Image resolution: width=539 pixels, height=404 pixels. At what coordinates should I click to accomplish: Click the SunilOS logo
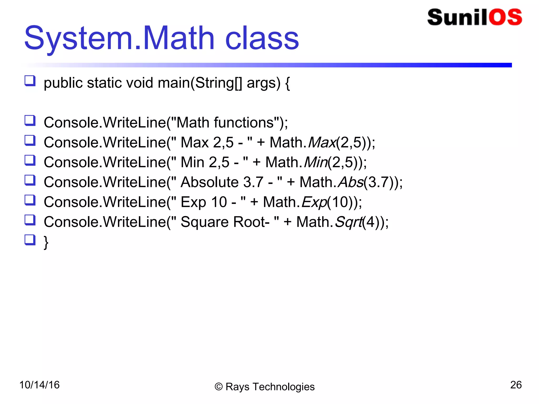475,17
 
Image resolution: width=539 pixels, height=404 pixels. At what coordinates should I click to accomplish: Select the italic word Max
322,143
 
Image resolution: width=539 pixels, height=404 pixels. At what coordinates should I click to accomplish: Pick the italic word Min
315,162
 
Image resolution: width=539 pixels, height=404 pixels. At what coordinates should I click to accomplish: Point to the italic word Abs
351,182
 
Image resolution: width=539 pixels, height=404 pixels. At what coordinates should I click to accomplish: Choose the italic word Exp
314,202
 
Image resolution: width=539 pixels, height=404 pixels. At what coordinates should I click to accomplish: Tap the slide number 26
516,385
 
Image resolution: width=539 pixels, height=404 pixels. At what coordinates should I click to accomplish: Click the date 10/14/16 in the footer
39,385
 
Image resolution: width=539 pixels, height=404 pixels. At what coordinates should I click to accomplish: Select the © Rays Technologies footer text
264,387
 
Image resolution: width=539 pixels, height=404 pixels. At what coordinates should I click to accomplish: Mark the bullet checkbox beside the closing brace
30,240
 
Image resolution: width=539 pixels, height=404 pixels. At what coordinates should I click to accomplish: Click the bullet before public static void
30,81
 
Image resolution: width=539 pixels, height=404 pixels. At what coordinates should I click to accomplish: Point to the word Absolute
209,182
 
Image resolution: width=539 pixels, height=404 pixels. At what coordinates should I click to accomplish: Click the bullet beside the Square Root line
30,220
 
